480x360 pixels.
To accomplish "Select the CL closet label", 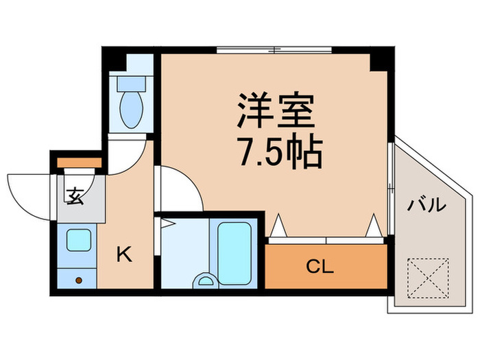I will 320,267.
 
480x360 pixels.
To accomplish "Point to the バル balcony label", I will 428,205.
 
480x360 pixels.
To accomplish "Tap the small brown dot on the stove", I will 79,280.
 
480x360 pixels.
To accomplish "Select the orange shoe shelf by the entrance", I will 79,163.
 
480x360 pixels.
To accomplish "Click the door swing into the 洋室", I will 180,189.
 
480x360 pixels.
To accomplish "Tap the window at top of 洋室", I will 274,50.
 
